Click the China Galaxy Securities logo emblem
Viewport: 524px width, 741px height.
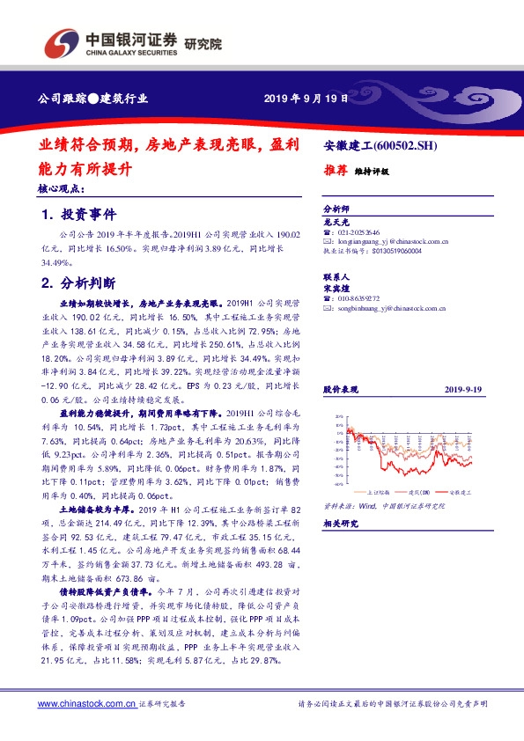(x=61, y=41)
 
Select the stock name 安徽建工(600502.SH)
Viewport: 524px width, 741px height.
(x=387, y=145)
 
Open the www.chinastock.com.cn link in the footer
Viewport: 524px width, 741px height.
(x=86, y=704)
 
